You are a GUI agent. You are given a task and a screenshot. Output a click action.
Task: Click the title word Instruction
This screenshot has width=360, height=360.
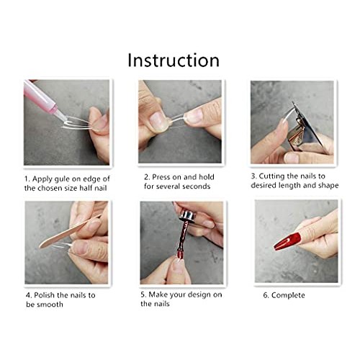click(x=173, y=60)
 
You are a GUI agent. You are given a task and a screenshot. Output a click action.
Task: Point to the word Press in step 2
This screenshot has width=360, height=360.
click(x=163, y=176)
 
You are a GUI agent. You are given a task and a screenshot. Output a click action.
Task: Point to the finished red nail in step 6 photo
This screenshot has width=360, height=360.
click(x=287, y=240)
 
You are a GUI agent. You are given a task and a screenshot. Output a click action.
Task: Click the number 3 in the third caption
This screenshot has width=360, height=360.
click(x=253, y=176)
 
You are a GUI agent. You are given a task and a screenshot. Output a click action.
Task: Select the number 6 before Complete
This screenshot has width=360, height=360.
click(x=266, y=295)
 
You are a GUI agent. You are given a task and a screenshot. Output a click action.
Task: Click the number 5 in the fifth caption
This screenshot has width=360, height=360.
click(x=144, y=295)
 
